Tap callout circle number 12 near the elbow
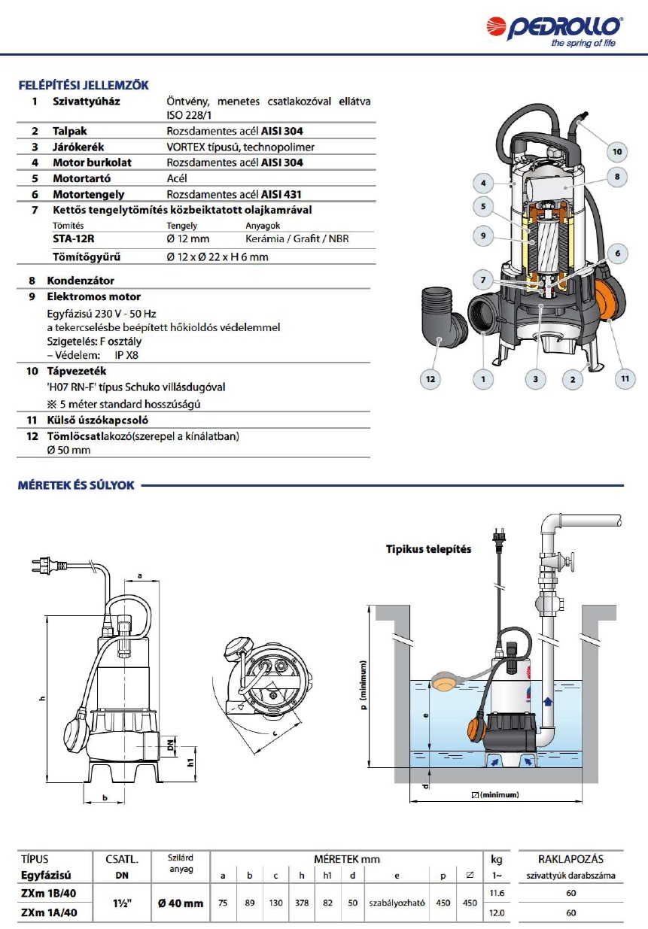tap(430, 379)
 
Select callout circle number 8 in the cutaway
tap(616, 177)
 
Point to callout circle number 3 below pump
tap(535, 379)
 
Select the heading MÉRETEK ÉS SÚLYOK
tap(76, 485)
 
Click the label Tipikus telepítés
tap(428, 549)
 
